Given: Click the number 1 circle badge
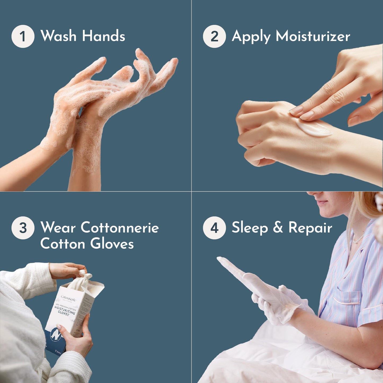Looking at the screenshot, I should click(x=23, y=36).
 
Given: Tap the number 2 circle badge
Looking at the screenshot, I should click(x=214, y=36).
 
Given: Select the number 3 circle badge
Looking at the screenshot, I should click(x=23, y=228).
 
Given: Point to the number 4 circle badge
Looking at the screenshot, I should click(x=214, y=228).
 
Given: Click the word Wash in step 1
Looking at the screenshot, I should click(x=58, y=36).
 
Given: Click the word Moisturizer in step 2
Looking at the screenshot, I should click(x=313, y=36).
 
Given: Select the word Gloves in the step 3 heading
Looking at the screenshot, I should click(x=112, y=244).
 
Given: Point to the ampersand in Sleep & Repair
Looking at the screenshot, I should click(x=278, y=228).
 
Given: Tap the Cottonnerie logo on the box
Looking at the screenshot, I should click(x=68, y=298).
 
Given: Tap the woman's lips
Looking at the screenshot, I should click(x=322, y=203).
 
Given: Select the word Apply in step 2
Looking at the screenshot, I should click(x=251, y=37).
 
